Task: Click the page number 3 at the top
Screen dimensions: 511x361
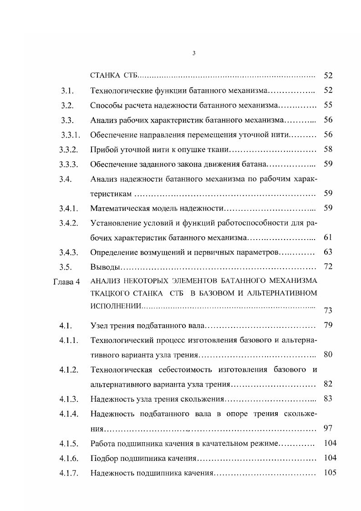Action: (194, 53)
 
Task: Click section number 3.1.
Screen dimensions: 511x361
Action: (67, 91)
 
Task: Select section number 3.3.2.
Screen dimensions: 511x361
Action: (69, 149)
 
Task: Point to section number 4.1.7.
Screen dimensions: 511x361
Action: (69, 473)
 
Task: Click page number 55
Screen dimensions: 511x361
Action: (328, 105)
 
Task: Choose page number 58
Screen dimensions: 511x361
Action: (328, 149)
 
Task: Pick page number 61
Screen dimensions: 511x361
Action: (328, 237)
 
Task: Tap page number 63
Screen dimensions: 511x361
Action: (328, 252)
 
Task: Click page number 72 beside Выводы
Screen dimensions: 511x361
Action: (328, 267)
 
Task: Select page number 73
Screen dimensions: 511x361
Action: (328, 311)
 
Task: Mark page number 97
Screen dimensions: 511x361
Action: (328, 428)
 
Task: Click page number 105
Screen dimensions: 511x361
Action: (330, 473)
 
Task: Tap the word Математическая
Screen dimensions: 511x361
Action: (119, 208)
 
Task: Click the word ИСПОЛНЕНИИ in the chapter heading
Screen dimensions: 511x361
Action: (116, 306)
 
